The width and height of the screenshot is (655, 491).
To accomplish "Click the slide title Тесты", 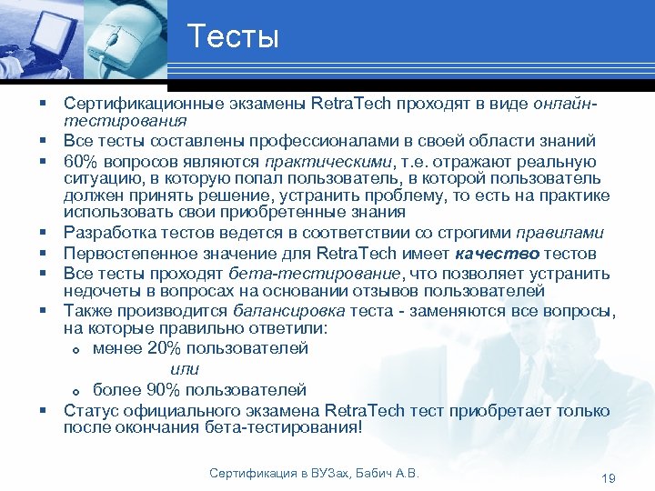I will pyautogui.click(x=233, y=38).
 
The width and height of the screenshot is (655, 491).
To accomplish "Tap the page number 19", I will pyautogui.click(x=610, y=478).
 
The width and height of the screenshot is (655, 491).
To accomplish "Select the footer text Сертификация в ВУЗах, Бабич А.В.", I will pyautogui.click(x=314, y=474).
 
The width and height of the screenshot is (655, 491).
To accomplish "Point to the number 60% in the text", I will pyautogui.click(x=79, y=160).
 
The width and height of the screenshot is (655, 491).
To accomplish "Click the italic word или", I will pyautogui.click(x=184, y=369).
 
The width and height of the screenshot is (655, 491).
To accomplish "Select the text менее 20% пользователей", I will pyautogui.click(x=200, y=348).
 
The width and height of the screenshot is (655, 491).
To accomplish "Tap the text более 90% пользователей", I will pyautogui.click(x=199, y=390).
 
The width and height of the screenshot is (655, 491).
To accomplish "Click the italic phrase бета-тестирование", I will pyautogui.click(x=300, y=273).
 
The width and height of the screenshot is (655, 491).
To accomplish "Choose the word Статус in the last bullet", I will pyautogui.click(x=87, y=410).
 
